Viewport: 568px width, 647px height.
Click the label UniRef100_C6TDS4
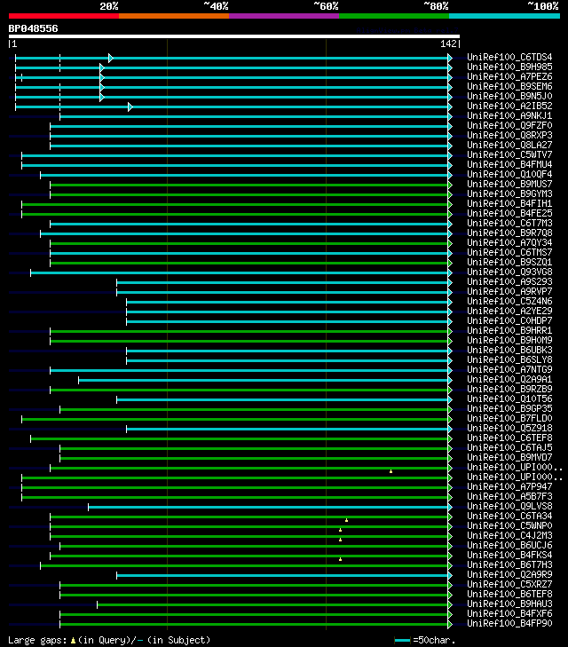coord(509,58)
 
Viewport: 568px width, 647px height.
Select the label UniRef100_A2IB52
coord(509,107)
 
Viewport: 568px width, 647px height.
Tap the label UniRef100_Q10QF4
coord(509,175)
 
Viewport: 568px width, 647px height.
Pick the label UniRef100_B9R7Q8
coord(509,233)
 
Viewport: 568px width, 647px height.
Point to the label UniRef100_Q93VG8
coord(509,272)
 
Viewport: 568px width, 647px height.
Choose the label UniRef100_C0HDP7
coord(509,321)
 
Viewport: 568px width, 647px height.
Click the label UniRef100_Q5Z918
coord(509,429)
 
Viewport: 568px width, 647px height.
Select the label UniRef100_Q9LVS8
coord(509,507)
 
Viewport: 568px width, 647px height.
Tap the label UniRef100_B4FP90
coord(509,624)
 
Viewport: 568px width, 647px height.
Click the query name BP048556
coord(34,28)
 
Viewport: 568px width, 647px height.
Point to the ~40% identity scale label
coord(216,6)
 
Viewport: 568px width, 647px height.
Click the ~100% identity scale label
coord(542,6)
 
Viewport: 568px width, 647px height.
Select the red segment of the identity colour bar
coord(63,16)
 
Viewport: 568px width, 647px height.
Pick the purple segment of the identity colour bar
coord(283,16)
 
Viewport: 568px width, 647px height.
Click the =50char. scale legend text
coord(435,640)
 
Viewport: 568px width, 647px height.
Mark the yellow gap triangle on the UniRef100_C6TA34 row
coord(346,519)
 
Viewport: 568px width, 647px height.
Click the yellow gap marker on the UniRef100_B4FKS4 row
coord(340,558)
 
